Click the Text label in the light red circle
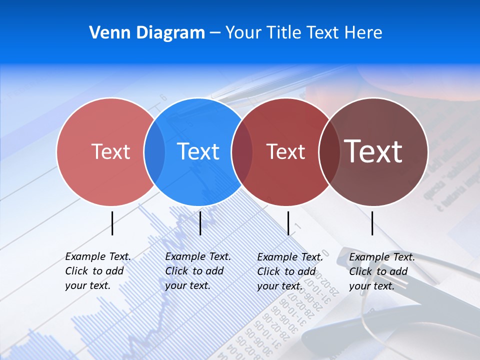(110, 151)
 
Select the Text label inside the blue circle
(198, 151)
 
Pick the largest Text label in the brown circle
(373, 151)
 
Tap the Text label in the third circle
(285, 151)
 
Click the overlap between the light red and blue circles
(154, 151)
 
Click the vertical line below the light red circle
(112, 223)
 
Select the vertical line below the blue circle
(200, 223)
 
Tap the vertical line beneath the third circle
(288, 223)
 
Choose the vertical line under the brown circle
(372, 223)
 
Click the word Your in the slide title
(243, 32)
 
